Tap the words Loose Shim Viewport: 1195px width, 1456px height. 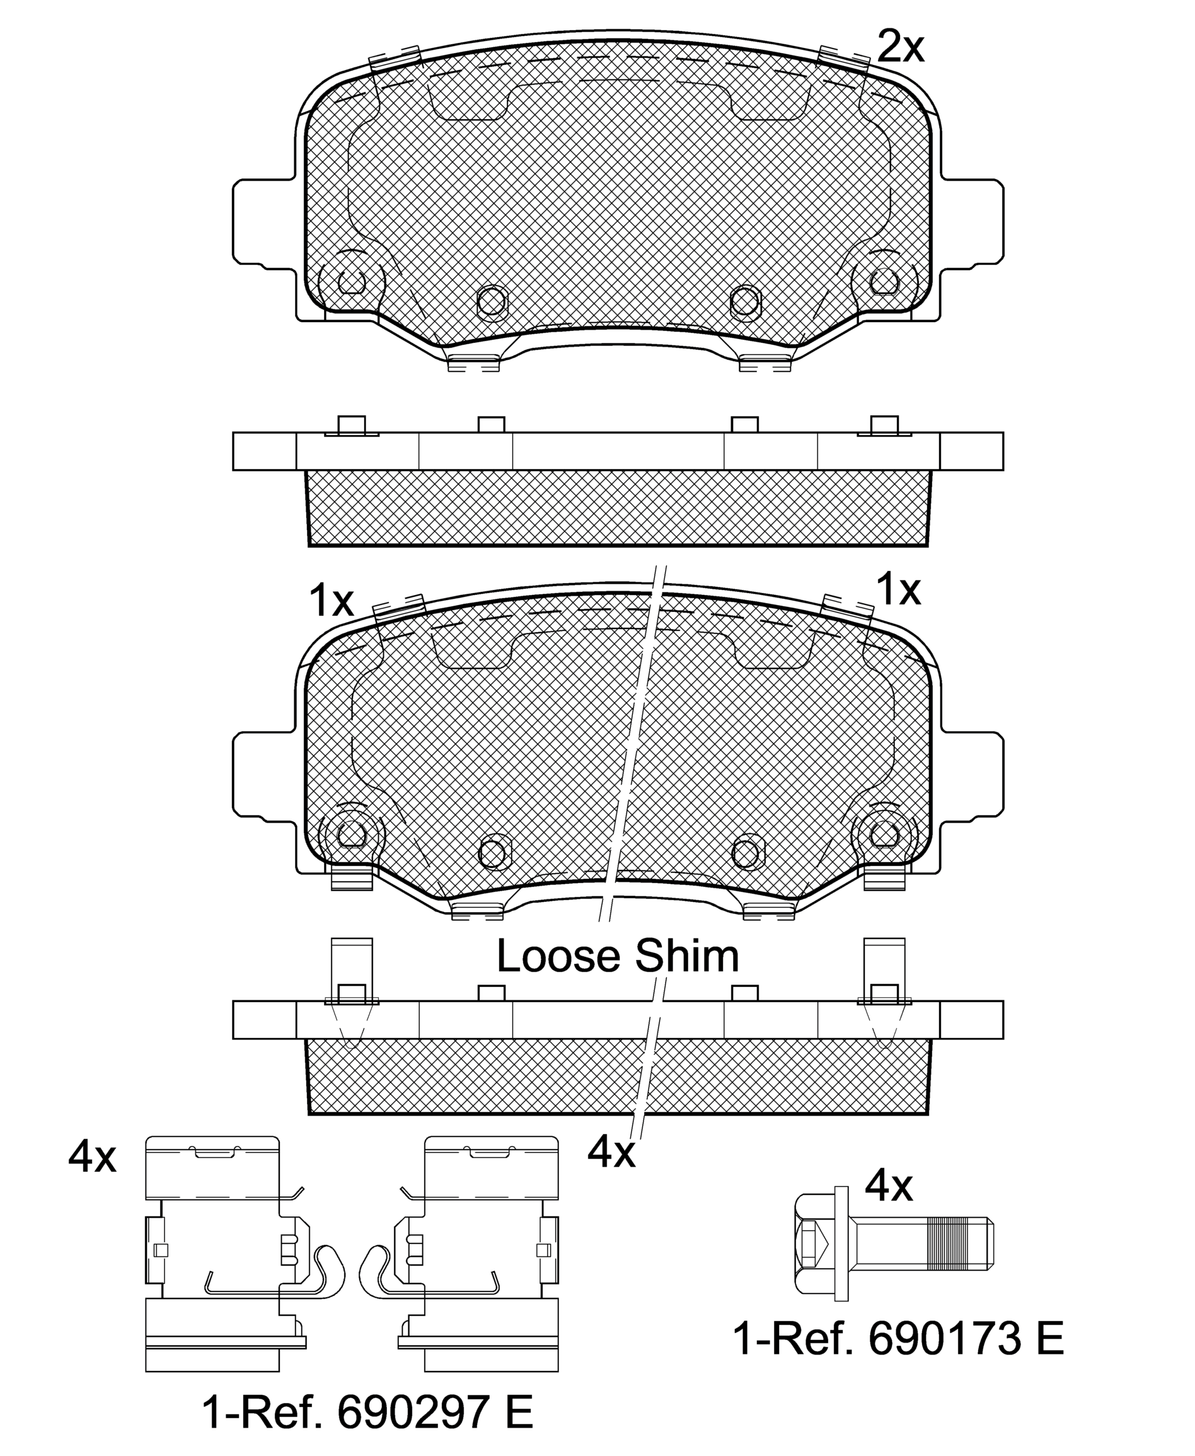[618, 956]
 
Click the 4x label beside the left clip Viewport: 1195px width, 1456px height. [92, 1157]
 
